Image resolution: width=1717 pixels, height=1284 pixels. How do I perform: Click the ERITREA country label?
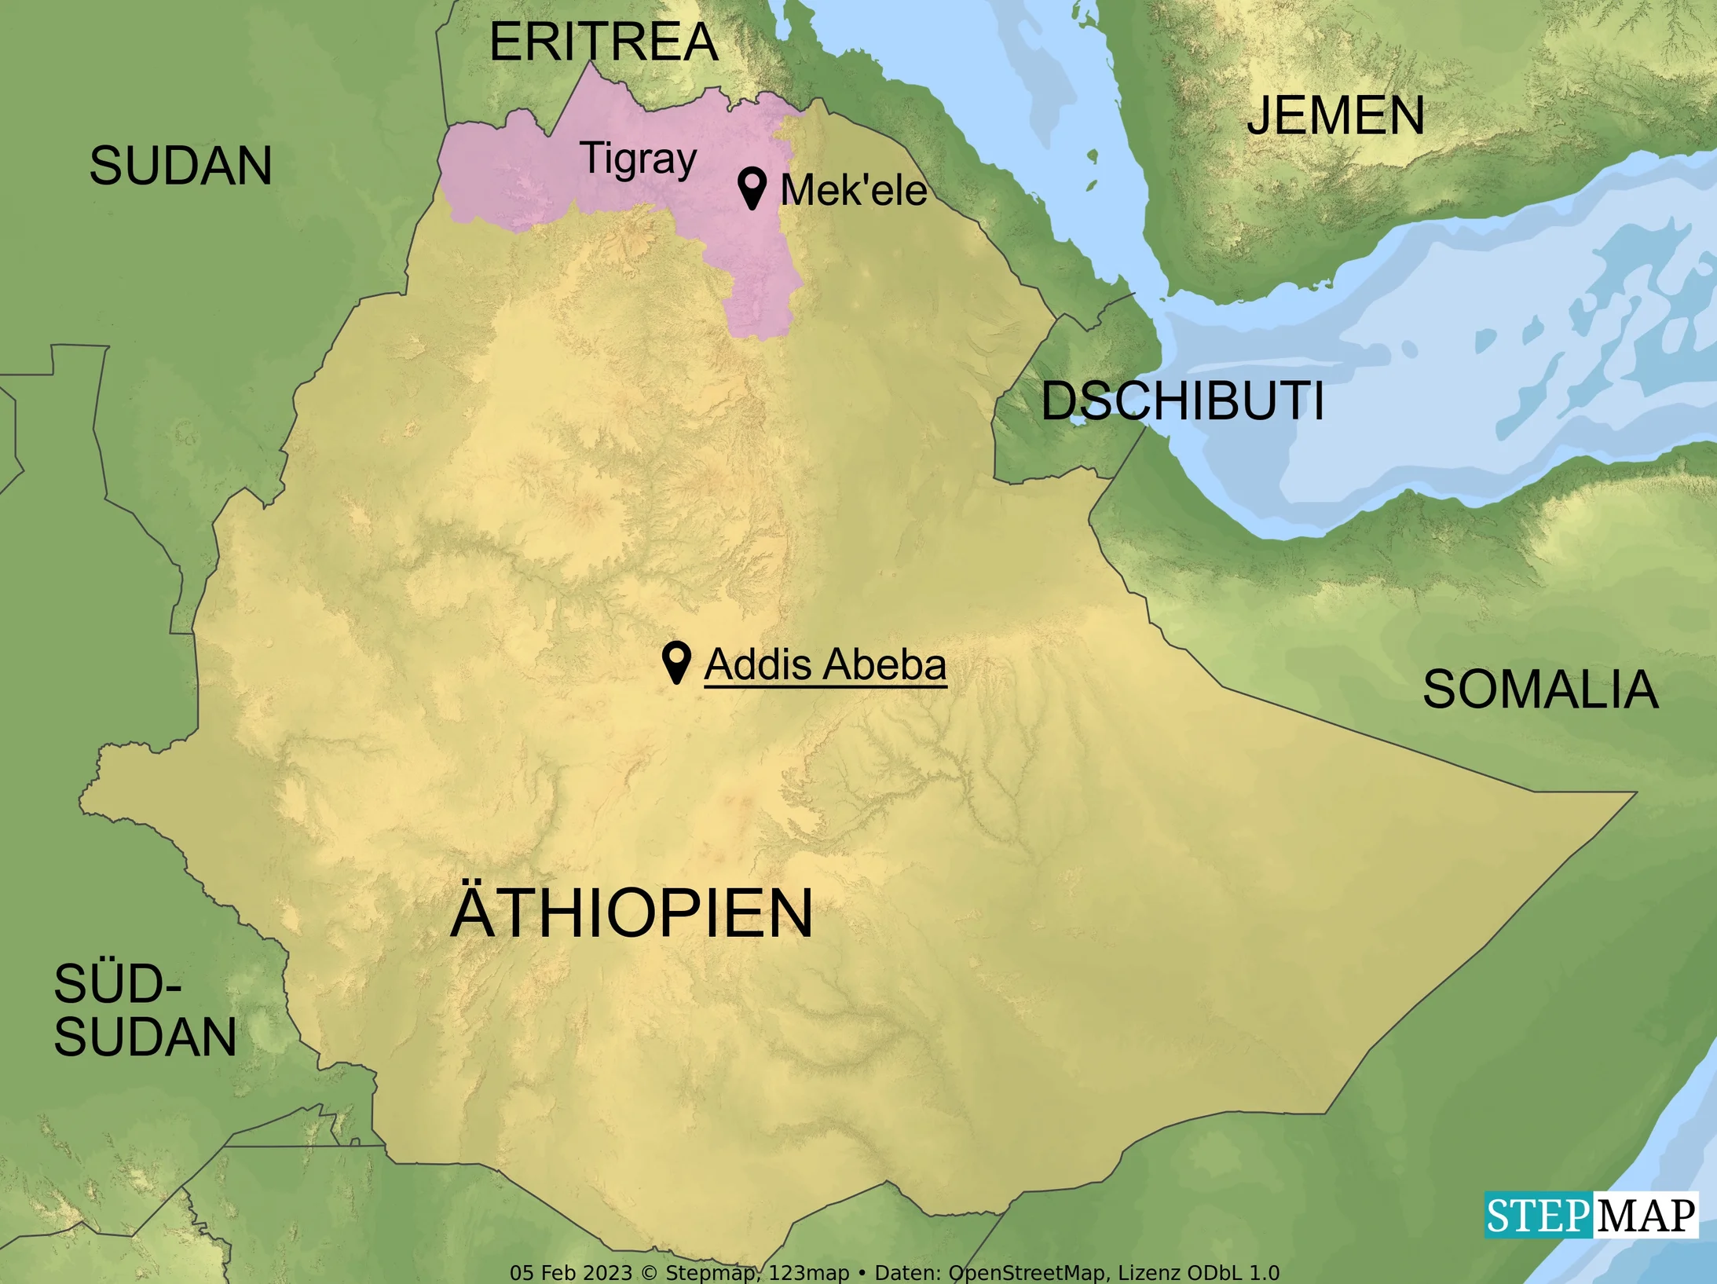click(603, 42)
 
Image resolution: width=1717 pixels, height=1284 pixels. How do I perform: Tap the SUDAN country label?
click(181, 166)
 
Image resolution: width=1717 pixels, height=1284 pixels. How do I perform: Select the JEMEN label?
click(1335, 116)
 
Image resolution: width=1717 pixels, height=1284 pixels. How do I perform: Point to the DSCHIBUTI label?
click(1182, 401)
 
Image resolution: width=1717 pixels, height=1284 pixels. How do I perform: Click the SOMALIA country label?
click(1540, 690)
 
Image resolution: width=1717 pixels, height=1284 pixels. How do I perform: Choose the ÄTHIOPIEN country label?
click(632, 913)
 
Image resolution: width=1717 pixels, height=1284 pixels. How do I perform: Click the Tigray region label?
click(638, 159)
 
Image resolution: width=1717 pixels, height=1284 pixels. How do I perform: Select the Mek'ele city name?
click(853, 191)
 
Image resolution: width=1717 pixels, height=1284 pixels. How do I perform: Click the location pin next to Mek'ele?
click(752, 187)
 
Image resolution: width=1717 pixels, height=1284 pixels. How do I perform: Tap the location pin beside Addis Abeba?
click(675, 661)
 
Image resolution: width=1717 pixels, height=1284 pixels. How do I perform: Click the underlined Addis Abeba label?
click(825, 665)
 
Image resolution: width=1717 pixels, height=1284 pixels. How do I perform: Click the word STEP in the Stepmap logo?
click(1537, 1216)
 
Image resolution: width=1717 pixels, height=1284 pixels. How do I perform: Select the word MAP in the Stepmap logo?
click(1646, 1216)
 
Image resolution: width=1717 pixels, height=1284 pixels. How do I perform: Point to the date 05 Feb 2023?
click(570, 1273)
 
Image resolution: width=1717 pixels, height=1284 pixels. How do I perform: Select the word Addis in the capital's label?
click(757, 665)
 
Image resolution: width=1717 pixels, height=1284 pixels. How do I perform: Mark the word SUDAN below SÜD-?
click(145, 1037)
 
